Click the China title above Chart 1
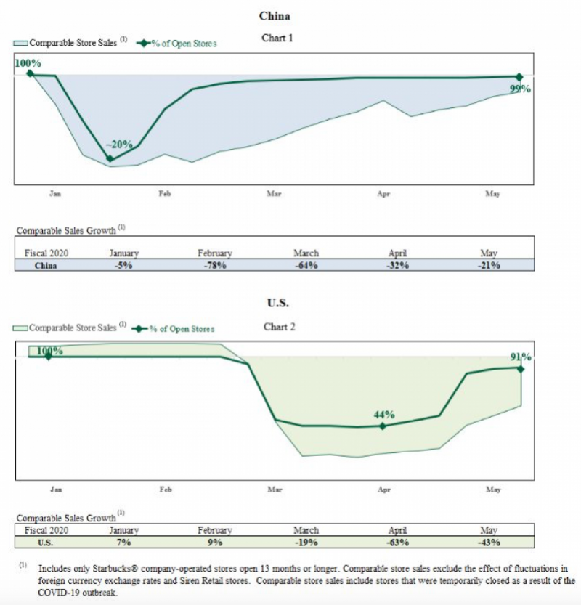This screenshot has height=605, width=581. pyautogui.click(x=275, y=16)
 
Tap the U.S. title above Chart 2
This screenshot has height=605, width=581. pyautogui.click(x=277, y=303)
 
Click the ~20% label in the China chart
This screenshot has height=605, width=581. pyautogui.click(x=119, y=145)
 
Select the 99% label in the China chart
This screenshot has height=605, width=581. pyautogui.click(x=520, y=89)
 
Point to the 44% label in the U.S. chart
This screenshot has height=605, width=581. pyautogui.click(x=384, y=415)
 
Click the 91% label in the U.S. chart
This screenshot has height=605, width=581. pyautogui.click(x=521, y=357)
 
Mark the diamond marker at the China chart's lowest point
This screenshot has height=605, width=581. pyautogui.click(x=110, y=158)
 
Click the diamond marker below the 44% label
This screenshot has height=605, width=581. pyautogui.click(x=382, y=426)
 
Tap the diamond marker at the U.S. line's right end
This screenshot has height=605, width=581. pyautogui.click(x=521, y=369)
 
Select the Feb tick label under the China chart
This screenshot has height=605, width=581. pyautogui.click(x=165, y=193)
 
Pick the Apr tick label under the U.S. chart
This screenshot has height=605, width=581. pyautogui.click(x=384, y=490)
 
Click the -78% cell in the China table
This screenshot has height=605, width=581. pyautogui.click(x=215, y=266)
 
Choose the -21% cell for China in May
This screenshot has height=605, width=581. pyautogui.click(x=489, y=266)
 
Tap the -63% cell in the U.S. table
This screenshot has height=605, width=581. pyautogui.click(x=398, y=543)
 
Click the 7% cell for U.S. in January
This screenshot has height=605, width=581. pyautogui.click(x=124, y=543)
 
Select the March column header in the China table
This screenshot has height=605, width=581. pyautogui.click(x=306, y=253)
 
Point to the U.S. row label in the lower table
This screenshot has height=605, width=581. pyautogui.click(x=46, y=543)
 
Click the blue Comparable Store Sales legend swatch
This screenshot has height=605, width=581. pyautogui.click(x=20, y=44)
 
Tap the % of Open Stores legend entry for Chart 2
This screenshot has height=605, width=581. pyautogui.click(x=173, y=329)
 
